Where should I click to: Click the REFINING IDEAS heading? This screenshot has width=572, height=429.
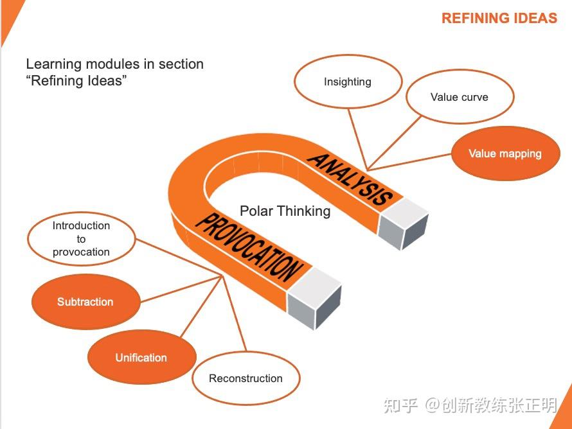tap(499, 18)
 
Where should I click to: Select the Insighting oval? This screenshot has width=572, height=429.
tap(348, 82)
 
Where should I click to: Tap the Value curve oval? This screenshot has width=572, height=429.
tap(460, 97)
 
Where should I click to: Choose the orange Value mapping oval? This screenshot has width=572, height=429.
tap(506, 153)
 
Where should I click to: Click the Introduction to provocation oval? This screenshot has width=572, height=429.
tap(82, 239)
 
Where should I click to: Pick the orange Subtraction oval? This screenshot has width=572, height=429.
tap(85, 302)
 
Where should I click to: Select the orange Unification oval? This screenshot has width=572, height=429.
tap(142, 357)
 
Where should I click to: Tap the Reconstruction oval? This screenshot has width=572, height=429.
tap(246, 378)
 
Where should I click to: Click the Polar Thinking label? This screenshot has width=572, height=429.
tap(285, 211)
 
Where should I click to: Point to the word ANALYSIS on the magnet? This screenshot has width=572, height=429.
tap(350, 179)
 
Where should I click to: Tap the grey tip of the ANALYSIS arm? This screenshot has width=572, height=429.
tap(403, 223)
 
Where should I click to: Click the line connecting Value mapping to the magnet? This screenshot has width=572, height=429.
tap(409, 162)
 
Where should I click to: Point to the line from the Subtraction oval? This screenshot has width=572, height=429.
tap(181, 289)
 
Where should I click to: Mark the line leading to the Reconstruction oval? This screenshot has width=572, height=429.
tap(234, 313)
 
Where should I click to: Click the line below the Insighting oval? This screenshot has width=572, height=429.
tap(358, 139)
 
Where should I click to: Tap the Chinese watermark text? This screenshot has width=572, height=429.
tap(470, 405)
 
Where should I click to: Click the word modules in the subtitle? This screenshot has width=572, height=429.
tap(113, 64)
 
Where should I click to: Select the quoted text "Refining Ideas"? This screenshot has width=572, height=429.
tap(76, 80)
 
